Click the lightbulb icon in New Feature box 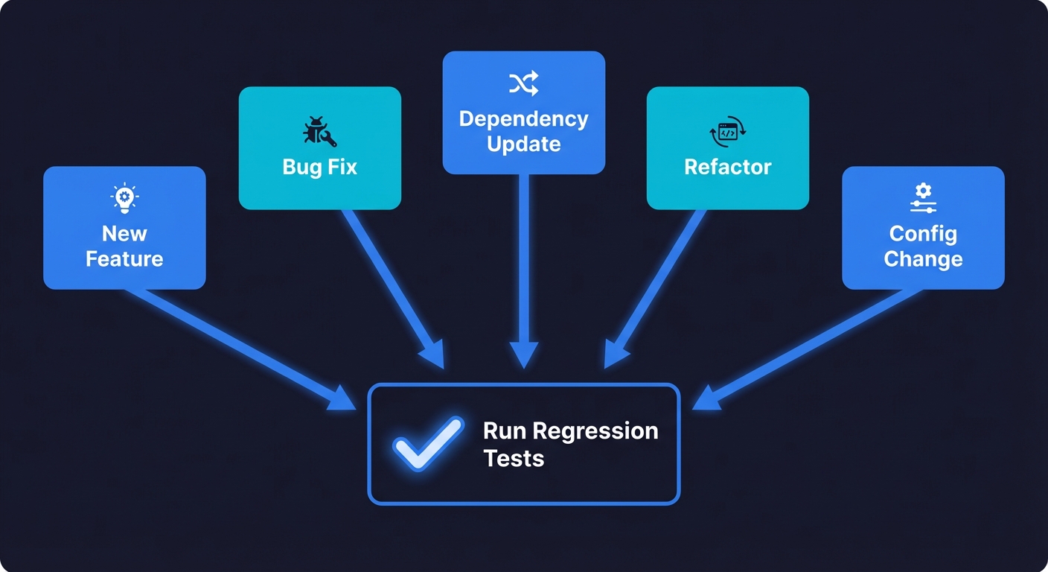coord(124,197)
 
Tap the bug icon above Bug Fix coord(319,131)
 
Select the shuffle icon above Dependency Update coord(523,84)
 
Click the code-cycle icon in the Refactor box coord(727,132)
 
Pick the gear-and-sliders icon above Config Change coord(923,197)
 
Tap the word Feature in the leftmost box coord(124,259)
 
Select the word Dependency coord(523,119)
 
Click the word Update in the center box coord(523,144)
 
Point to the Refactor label coord(727,167)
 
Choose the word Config coord(923,234)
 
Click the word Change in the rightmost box coord(923,259)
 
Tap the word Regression coord(595,431)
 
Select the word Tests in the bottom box coord(514,458)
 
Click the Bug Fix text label coord(319,167)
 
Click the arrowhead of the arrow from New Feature coord(344,399)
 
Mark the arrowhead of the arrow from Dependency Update coord(523,355)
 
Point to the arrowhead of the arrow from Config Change coord(705,399)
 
